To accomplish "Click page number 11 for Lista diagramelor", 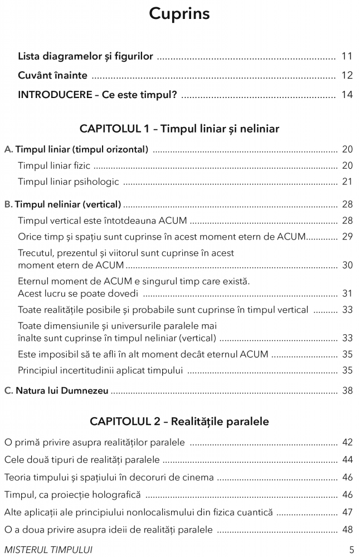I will point(347,56).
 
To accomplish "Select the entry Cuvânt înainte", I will point(53,76).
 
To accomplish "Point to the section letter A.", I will point(8,149).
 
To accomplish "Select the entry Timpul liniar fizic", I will point(54,166).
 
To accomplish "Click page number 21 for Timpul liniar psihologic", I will point(347,182).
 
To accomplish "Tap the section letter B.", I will point(8,204).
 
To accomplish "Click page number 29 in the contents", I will point(347,237).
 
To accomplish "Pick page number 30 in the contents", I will point(347,265).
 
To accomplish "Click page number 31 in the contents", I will point(347,293).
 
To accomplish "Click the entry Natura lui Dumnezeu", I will point(62,391).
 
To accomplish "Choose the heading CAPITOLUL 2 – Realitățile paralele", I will point(179,422).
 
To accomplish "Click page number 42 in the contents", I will point(347,443).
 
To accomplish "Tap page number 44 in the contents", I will point(347,460).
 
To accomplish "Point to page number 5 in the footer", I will point(351,549).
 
